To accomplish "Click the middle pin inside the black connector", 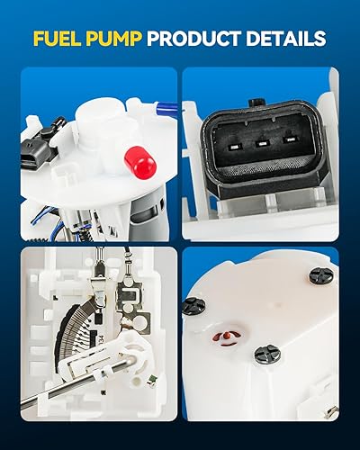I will [264, 140].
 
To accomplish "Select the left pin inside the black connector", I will [237, 140].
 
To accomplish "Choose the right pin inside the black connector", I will [290, 140].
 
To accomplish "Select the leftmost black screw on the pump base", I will [193, 306].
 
